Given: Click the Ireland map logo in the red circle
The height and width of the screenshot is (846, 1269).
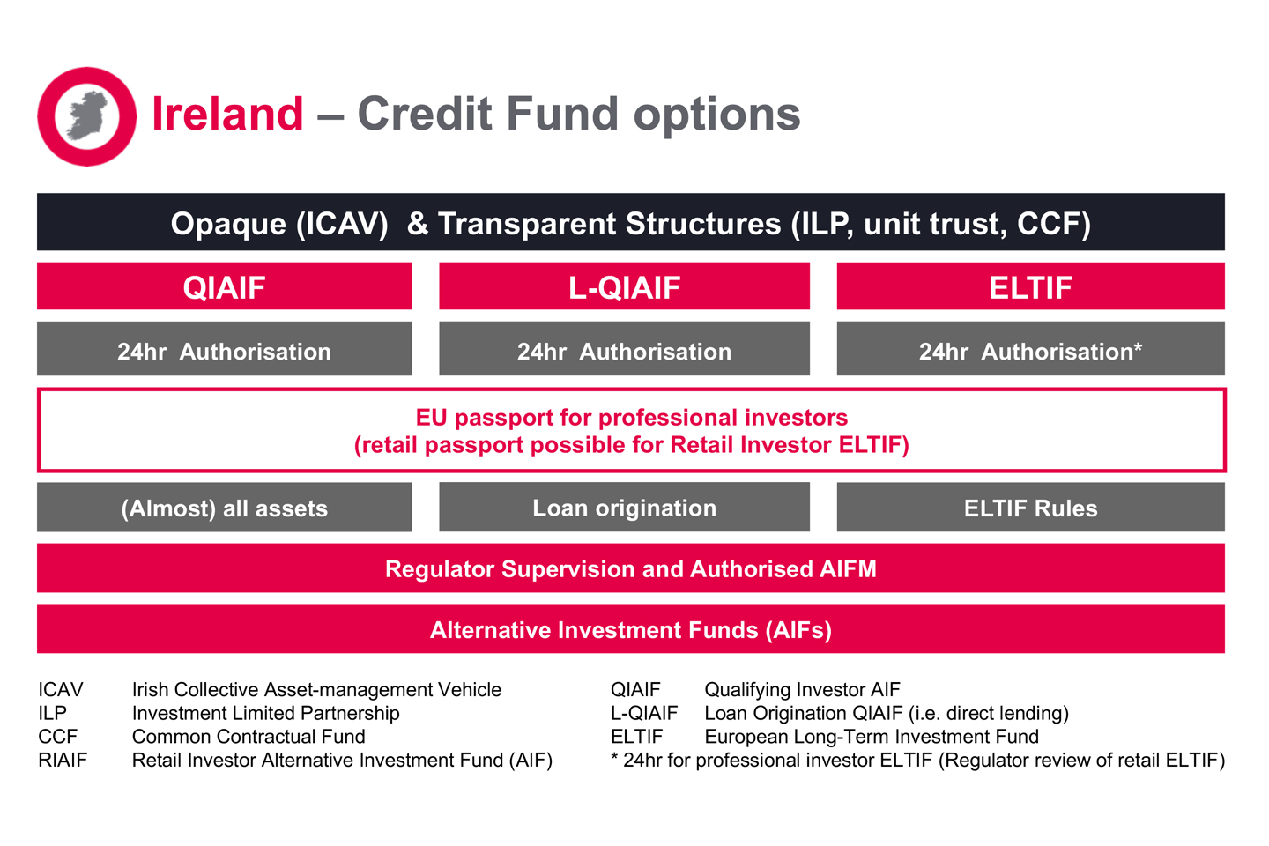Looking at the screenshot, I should [x=86, y=116].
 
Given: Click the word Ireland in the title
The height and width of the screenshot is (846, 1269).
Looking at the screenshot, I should [x=227, y=115].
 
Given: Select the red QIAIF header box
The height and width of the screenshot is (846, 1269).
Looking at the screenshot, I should [x=224, y=286].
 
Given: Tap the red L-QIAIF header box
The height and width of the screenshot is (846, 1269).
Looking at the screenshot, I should [x=624, y=286].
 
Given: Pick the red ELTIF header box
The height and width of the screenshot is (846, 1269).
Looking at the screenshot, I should [x=1030, y=286].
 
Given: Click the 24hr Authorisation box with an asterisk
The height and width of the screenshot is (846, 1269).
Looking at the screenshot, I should [x=1030, y=350].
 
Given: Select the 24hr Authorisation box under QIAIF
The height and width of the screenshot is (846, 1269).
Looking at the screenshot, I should [x=224, y=350].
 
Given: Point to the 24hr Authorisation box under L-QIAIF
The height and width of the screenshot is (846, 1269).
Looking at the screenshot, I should [x=624, y=350].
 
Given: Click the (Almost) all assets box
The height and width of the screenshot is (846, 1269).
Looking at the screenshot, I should [x=224, y=508].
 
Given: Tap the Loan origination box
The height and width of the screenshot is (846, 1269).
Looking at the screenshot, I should [x=624, y=508].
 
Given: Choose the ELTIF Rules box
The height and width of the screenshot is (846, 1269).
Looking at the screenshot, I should [x=1030, y=508].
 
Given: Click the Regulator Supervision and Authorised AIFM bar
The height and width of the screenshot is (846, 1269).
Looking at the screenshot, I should [x=631, y=568].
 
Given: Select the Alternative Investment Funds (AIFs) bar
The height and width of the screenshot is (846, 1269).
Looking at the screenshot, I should [x=631, y=629].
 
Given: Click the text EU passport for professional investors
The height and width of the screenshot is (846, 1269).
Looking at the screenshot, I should [x=631, y=417].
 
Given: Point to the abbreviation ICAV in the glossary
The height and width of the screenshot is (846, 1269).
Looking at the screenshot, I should [x=61, y=690].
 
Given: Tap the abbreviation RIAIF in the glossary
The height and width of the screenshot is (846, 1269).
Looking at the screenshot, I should [x=63, y=761].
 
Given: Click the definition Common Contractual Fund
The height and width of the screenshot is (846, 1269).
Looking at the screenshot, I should [x=249, y=737].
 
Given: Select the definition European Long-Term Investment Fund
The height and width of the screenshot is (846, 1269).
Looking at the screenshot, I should [x=871, y=737].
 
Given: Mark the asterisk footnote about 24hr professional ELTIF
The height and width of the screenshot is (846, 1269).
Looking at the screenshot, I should [x=917, y=761].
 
